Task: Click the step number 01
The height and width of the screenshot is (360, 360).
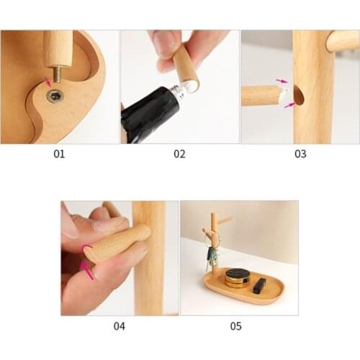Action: (x=58, y=153)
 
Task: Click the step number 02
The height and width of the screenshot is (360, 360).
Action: (x=179, y=153)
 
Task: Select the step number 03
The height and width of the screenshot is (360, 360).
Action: (x=300, y=153)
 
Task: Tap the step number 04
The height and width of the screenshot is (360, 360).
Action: (x=119, y=325)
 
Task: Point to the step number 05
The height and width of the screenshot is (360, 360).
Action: (x=236, y=325)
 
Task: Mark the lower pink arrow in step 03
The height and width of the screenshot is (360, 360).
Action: (x=290, y=105)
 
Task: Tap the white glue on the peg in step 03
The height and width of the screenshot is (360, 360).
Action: (x=285, y=94)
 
